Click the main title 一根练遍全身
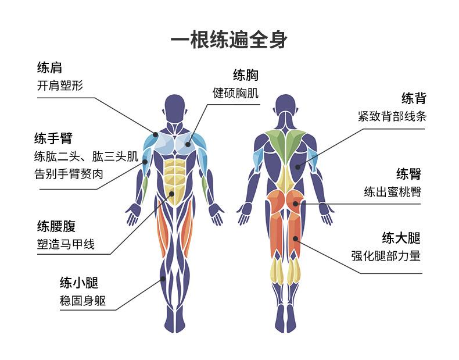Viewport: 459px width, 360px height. [229, 40]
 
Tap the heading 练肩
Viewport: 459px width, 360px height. [49, 67]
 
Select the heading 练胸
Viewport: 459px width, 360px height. [246, 75]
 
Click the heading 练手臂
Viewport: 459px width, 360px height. [53, 138]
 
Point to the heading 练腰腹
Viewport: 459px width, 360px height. [56, 226]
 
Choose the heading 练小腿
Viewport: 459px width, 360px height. [79, 283]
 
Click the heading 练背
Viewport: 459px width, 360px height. [414, 98]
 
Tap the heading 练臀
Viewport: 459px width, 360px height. [408, 174]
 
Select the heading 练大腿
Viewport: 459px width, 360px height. [401, 238]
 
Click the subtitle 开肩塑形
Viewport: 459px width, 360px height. [60, 86]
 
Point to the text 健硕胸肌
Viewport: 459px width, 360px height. [236, 93]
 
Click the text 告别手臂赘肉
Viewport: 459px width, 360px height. [69, 174]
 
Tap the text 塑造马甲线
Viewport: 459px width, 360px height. [66, 244]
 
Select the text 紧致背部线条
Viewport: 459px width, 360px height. [392, 116]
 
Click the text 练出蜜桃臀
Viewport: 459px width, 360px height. [393, 192]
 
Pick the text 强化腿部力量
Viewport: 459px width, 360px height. [386, 256]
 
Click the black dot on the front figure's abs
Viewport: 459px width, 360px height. [171, 194]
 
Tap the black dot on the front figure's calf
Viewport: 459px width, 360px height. [163, 279]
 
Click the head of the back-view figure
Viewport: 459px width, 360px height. [285, 106]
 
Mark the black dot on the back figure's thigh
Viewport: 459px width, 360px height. [295, 238]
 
